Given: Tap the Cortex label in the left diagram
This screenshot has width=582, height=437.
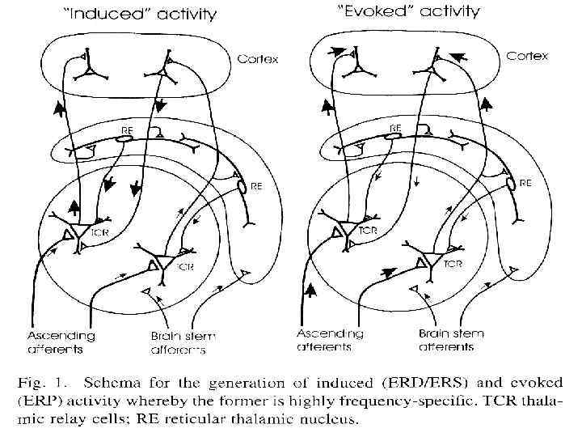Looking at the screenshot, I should pyautogui.click(x=258, y=60).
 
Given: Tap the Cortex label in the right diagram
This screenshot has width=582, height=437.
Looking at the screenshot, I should pyautogui.click(x=527, y=57).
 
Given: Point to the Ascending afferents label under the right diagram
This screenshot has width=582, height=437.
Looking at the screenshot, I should pyautogui.click(x=331, y=340).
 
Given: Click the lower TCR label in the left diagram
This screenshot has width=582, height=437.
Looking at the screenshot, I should pyautogui.click(x=185, y=266).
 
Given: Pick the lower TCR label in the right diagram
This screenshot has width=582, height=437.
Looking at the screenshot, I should pyautogui.click(x=453, y=264).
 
